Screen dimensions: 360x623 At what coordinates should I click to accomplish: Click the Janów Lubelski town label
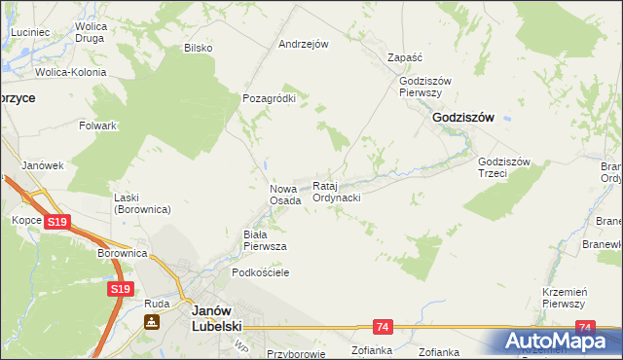click(x=217, y=317)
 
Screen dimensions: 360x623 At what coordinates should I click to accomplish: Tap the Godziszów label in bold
click(x=462, y=117)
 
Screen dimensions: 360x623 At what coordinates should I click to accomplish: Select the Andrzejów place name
click(x=304, y=44)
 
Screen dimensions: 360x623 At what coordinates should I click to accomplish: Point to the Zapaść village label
click(x=405, y=57)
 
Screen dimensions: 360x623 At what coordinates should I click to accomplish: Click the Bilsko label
click(x=199, y=47)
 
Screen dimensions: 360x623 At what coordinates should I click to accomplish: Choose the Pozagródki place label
click(x=269, y=98)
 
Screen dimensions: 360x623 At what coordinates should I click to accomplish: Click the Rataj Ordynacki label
click(x=337, y=191)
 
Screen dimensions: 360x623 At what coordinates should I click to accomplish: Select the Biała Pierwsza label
click(x=264, y=240)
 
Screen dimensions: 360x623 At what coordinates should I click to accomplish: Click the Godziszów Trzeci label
click(x=503, y=168)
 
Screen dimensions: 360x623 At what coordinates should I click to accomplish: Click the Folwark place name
click(x=98, y=126)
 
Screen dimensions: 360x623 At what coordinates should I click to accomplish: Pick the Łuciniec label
click(x=30, y=32)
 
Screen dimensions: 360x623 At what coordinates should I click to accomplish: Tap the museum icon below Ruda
click(x=153, y=322)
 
